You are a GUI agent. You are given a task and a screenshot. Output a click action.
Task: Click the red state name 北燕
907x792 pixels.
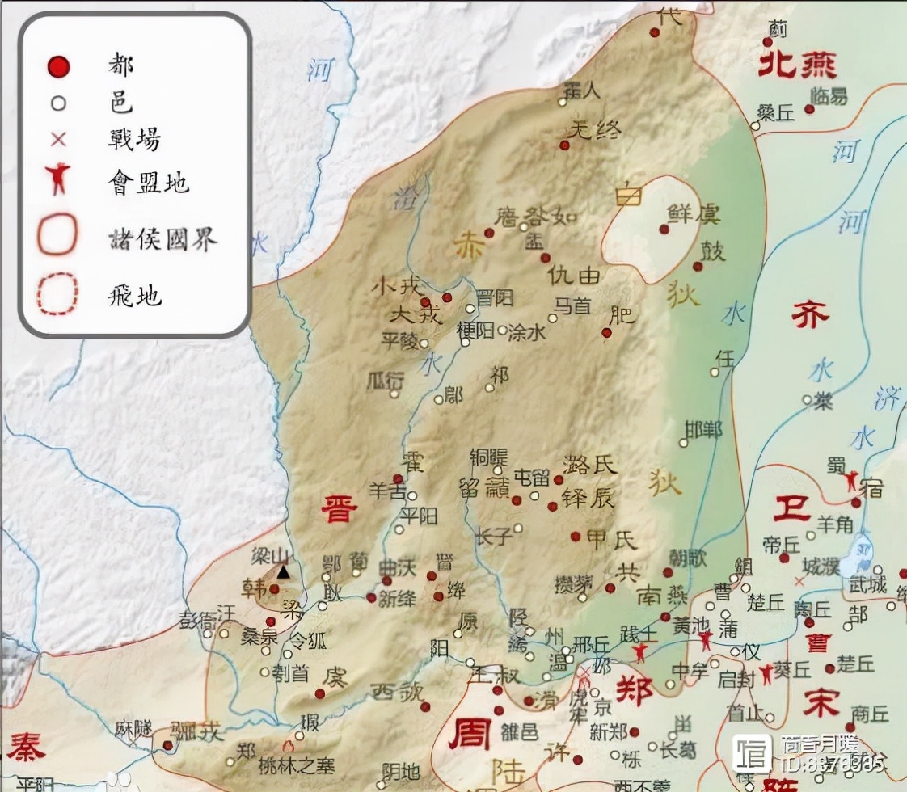(x=796, y=65)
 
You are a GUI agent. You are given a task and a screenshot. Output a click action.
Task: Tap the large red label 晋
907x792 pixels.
(x=339, y=510)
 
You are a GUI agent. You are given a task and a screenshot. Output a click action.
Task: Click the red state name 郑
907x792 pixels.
(x=635, y=692)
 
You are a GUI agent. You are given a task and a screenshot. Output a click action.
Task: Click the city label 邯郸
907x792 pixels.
(x=702, y=429)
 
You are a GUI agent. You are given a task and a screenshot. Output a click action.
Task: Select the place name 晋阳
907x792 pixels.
(x=494, y=299)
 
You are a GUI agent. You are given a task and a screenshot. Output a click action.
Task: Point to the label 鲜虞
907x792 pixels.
(x=693, y=214)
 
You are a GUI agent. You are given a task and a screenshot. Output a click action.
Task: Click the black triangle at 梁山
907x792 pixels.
(x=283, y=571)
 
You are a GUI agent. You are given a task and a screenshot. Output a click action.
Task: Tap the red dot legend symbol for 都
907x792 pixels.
(x=58, y=66)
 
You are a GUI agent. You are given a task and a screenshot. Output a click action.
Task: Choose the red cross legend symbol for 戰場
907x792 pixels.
(x=58, y=139)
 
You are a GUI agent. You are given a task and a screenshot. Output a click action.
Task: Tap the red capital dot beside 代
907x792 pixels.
(x=655, y=33)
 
